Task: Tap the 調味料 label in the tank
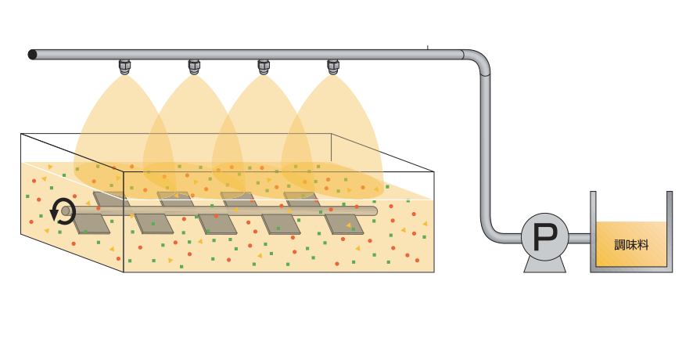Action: pos(632,244)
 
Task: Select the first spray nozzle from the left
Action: pos(124,67)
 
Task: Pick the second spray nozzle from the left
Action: pos(194,67)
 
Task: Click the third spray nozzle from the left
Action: pos(264,67)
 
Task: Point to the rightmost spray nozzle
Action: pos(334,67)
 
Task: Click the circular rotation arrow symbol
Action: pos(63,210)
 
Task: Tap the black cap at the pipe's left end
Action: pos(32,54)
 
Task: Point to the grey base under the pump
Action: pos(544,265)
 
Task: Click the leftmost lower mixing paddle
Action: pos(91,223)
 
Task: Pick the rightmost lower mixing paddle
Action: pos(344,225)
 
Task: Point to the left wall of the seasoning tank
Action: pos(593,231)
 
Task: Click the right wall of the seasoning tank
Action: pos(670,231)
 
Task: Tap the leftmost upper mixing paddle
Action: pos(109,199)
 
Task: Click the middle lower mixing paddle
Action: pos(217,224)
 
